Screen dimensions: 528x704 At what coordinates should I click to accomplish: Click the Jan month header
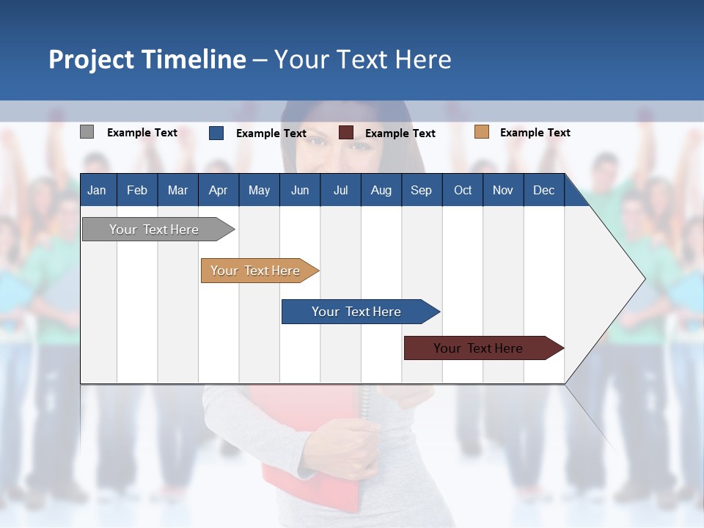coord(98,190)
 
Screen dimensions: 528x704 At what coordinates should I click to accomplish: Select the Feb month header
coord(137,190)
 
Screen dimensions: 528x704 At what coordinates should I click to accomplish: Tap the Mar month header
coord(177,190)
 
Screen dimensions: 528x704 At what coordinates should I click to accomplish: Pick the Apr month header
coord(218,190)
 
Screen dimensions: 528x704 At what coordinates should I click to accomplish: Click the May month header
coord(259,190)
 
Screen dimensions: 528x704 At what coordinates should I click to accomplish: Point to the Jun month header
coord(300,190)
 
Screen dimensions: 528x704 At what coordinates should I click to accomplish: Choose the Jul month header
coord(340,190)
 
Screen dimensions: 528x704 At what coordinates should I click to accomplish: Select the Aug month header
coord(381,190)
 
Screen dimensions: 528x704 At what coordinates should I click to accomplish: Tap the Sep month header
coord(421,190)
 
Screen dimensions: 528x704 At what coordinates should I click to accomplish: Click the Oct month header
coord(463,190)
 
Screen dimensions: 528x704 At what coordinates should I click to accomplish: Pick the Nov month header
coord(503,190)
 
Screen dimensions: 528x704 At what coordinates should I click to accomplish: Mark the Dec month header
coord(543,190)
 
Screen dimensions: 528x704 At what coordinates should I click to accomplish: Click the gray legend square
coord(87,132)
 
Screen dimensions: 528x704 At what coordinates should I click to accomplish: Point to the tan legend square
coord(481,132)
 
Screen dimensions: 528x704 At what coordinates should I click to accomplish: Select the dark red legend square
coord(346,133)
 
